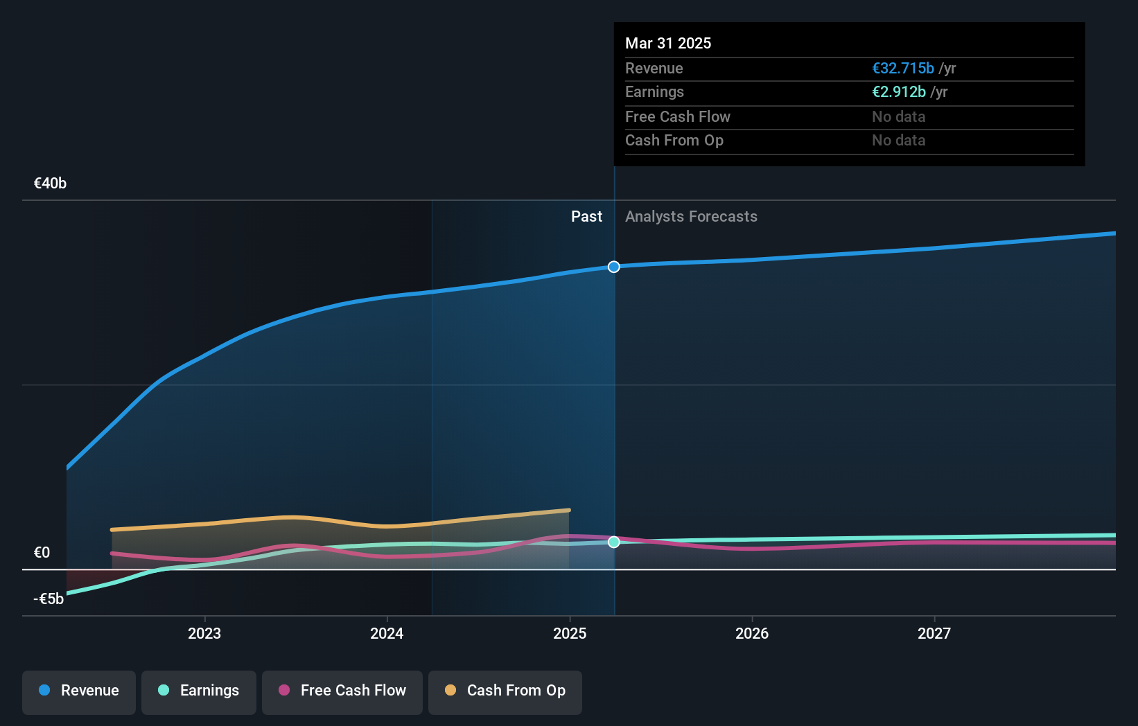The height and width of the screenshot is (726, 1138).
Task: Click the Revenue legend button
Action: [x=79, y=691]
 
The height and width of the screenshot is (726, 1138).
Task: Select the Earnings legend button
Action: [x=199, y=691]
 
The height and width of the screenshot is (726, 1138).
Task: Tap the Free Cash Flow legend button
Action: [x=342, y=691]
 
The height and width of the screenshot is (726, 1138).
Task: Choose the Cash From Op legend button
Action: [x=505, y=691]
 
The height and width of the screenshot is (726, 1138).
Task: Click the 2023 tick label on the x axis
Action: [x=204, y=633]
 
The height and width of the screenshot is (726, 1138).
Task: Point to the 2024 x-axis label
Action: [x=387, y=633]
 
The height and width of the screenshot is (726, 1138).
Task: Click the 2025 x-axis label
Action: [x=570, y=633]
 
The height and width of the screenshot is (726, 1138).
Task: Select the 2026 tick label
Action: [x=752, y=633]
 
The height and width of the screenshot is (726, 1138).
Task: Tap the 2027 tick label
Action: [x=934, y=633]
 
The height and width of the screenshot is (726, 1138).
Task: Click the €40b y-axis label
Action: [x=50, y=184]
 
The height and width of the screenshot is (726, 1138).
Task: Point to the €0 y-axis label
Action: [x=42, y=553]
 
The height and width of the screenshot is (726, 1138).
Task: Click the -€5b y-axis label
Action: [x=49, y=599]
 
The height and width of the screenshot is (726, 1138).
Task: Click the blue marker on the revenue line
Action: [x=614, y=267]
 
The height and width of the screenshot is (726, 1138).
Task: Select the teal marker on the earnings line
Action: [x=614, y=542]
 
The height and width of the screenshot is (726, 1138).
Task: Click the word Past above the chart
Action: [x=586, y=217]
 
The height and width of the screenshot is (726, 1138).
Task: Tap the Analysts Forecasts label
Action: [x=691, y=217]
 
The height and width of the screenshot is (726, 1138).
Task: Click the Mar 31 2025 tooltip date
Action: [x=668, y=43]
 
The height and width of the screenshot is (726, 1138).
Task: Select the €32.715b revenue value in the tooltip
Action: [x=902, y=69]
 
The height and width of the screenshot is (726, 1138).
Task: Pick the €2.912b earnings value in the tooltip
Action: [x=898, y=92]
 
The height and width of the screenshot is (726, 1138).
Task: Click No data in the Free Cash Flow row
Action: [x=898, y=117]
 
